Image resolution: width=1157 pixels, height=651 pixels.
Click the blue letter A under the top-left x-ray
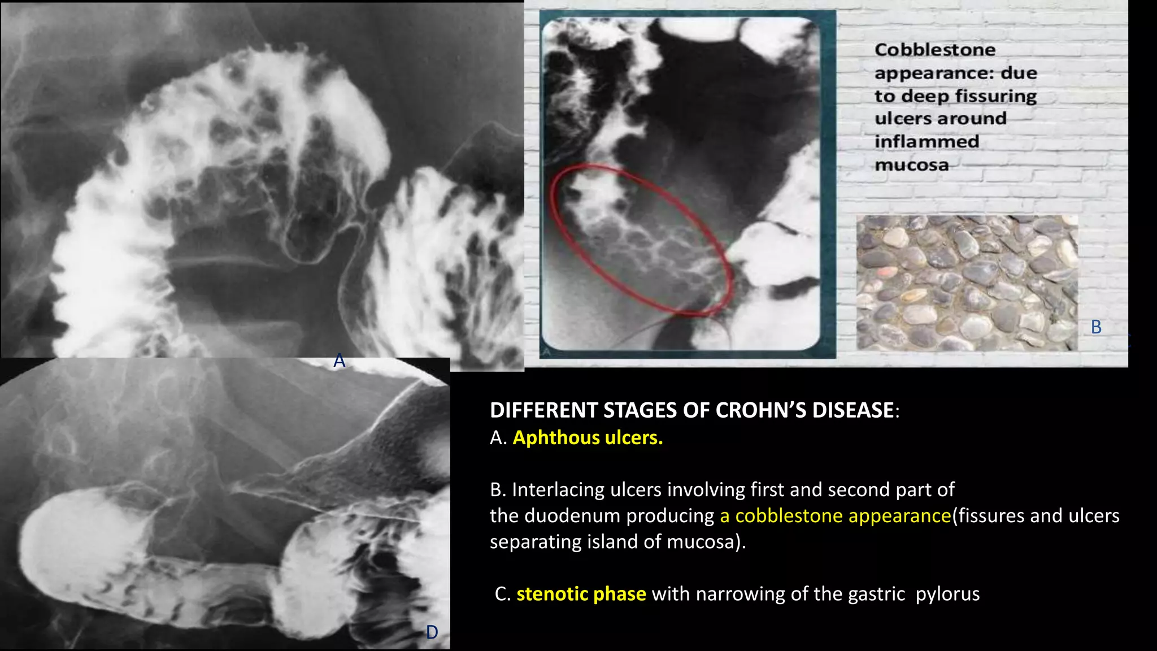[339, 361]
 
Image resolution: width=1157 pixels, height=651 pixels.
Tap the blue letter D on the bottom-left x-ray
[432, 632]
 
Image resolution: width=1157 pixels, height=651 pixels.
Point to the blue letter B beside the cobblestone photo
[1096, 327]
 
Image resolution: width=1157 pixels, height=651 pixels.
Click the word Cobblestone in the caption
[935, 50]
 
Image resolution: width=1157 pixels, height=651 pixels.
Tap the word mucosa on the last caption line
[911, 165]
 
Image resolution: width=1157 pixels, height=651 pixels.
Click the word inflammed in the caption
[927, 141]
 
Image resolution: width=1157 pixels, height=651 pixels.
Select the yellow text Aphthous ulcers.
[588, 438]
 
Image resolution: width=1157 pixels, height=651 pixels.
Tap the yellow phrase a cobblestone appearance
[836, 515]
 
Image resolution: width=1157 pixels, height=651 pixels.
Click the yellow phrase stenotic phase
[581, 594]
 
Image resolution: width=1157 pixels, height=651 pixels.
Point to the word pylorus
[947, 594]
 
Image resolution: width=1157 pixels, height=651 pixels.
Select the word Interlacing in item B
[558, 489]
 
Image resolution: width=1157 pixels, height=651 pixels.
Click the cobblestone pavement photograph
[967, 283]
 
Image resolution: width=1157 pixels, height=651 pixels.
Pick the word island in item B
[612, 541]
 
